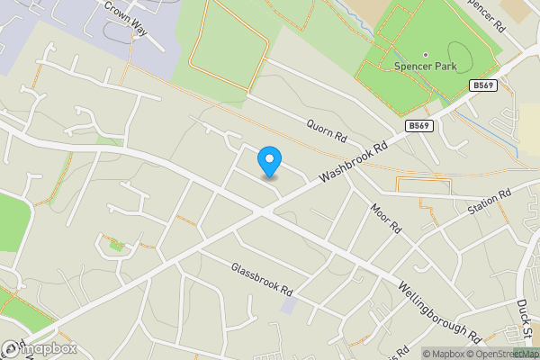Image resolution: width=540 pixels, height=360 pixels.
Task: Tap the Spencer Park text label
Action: click(x=425, y=67)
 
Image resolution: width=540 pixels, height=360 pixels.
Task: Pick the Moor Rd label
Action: click(x=385, y=218)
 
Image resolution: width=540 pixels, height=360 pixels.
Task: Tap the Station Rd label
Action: click(x=489, y=201)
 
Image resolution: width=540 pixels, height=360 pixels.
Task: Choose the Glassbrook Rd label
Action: click(x=262, y=280)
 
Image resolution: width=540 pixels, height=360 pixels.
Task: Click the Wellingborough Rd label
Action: click(x=439, y=311)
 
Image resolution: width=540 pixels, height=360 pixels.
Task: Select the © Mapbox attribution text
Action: click(x=444, y=353)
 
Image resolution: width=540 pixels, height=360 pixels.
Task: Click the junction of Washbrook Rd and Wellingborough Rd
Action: click(x=263, y=211)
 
